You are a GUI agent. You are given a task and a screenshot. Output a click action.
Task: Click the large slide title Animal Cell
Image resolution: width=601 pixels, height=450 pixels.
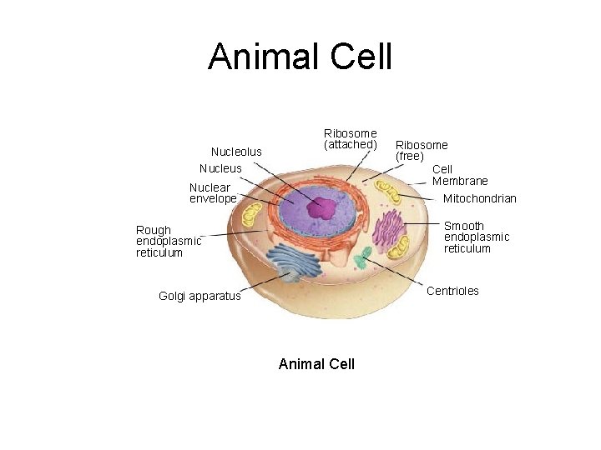[300, 57]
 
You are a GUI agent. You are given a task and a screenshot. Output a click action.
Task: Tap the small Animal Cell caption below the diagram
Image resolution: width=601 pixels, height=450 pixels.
[316, 364]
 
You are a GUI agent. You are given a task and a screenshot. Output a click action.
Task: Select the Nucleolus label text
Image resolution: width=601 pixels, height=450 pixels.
[236, 152]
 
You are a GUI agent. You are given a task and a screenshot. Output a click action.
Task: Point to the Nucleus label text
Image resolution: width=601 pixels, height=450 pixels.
[220, 168]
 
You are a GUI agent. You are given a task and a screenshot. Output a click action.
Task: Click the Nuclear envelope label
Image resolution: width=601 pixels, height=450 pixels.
[213, 193]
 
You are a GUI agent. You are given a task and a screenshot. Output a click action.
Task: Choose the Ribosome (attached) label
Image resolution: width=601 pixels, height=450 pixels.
[350, 139]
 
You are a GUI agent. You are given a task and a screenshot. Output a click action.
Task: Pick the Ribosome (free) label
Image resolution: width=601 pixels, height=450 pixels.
[422, 151]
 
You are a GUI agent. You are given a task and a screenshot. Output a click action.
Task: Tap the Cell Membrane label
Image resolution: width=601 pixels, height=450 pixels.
[460, 175]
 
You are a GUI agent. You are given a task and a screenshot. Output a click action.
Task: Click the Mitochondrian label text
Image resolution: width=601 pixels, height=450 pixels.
[480, 199]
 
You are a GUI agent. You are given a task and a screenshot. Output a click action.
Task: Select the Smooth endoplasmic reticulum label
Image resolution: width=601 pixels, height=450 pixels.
[476, 237]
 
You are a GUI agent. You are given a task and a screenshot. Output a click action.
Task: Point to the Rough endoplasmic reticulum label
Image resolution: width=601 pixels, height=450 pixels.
[169, 242]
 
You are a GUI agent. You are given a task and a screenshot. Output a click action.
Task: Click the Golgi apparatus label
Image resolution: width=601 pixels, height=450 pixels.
[199, 296]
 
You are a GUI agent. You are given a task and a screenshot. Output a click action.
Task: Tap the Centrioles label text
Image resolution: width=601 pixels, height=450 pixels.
[452, 291]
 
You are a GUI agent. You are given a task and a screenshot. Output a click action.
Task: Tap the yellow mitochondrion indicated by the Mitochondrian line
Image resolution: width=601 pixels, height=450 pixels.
[388, 192]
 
